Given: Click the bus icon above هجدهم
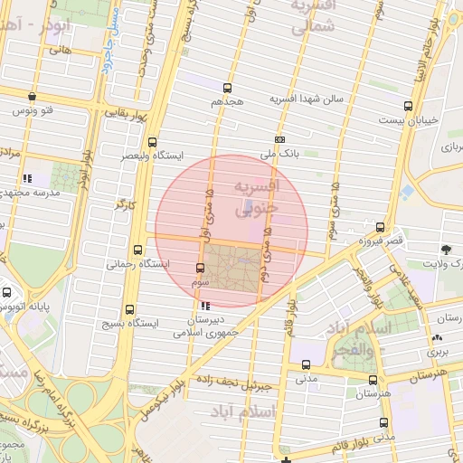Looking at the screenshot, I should [226, 89].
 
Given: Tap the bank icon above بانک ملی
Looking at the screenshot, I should [280, 139].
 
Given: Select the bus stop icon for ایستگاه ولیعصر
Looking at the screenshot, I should [152, 142].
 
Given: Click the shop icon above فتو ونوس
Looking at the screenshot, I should [33, 96].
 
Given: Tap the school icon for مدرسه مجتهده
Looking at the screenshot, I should [28, 178].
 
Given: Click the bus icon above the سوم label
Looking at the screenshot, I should [201, 268].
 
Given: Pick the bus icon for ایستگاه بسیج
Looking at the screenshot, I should [133, 308].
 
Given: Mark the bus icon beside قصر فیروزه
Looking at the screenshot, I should [380, 228].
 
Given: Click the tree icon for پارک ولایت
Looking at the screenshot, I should [446, 249].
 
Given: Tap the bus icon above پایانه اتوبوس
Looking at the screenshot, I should [7, 293].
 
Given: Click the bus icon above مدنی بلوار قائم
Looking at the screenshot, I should [385, 422].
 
